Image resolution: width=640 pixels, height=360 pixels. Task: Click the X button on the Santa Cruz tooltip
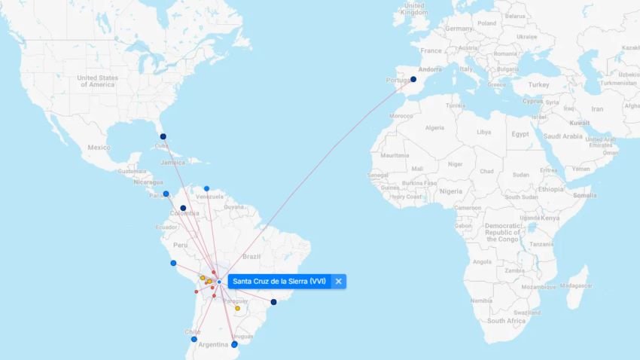pos(339,282)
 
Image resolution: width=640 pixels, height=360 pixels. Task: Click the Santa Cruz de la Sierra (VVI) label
pos(279,282)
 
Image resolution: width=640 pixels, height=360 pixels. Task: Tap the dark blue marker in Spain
pos(413,79)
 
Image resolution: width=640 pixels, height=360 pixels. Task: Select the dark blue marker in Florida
pos(163,137)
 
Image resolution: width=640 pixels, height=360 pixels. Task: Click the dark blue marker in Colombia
pos(183,209)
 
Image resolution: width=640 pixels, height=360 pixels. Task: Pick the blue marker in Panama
pos(166,194)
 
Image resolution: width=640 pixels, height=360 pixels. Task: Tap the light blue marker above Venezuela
pos(206,188)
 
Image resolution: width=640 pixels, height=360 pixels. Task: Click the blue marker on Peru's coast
pos(173,263)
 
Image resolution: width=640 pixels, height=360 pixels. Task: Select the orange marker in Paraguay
pos(238,308)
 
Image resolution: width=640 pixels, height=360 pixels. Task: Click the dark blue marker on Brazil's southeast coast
pos(273,302)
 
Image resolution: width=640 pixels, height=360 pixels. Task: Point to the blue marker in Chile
pos(194,339)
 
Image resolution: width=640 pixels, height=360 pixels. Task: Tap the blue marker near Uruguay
pos(234,344)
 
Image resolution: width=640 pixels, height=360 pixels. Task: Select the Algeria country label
pos(435,127)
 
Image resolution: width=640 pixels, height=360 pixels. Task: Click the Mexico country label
pos(99,148)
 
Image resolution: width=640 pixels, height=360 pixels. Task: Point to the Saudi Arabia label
pos(562,136)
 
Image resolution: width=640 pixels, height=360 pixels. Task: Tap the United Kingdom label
pos(414,8)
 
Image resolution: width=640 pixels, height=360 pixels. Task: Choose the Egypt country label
pos(520,133)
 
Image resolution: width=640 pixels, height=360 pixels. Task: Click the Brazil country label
pos(251,257)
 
